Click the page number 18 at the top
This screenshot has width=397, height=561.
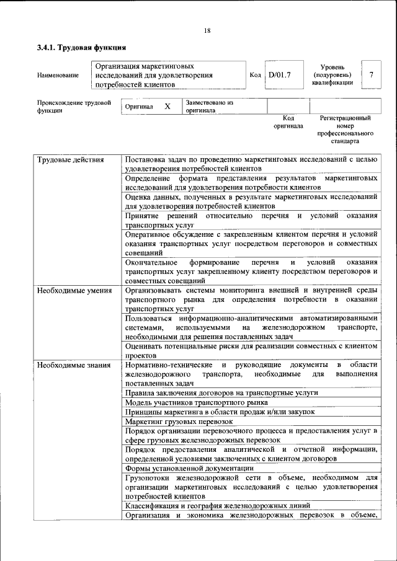207,31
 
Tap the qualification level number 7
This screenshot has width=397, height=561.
371,75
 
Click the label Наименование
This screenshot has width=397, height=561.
58,76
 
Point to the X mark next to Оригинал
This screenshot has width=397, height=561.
167,107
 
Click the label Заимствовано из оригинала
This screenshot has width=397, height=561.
208,107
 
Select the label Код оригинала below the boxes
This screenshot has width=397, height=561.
288,121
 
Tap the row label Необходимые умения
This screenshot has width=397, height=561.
74,290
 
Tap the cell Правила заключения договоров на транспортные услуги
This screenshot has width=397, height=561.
221,393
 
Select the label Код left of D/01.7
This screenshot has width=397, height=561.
255,75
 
